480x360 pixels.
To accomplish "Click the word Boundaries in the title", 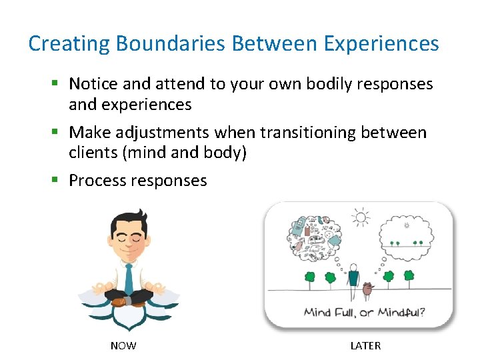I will [x=171, y=44].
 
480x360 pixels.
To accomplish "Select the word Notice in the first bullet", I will [x=93, y=84].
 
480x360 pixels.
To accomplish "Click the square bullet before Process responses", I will [x=57, y=180].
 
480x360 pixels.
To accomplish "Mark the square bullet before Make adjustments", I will [x=57, y=132].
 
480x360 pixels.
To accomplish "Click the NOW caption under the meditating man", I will [x=123, y=345].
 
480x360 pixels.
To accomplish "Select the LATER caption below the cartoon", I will [x=365, y=345].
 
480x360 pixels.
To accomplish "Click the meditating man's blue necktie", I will [x=128, y=277].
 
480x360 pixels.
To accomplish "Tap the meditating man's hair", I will [x=129, y=220].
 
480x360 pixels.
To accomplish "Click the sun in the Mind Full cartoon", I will [x=360, y=218].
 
